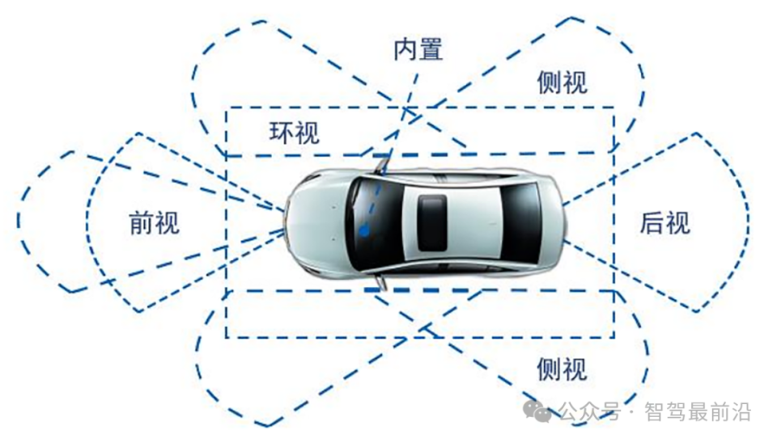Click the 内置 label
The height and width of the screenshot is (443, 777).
coord(418,50)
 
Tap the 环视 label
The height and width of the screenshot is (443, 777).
coord(294,133)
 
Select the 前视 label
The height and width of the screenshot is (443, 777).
coord(155,222)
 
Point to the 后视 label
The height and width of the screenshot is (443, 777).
coord(665,222)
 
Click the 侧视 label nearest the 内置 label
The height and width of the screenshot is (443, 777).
coord(562,82)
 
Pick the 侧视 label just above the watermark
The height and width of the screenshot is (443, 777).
coord(562,369)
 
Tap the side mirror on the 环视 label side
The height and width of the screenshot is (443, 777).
coord(380,164)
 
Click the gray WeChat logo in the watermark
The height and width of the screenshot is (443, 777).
coord(537,411)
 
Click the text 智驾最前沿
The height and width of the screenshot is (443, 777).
coord(697,412)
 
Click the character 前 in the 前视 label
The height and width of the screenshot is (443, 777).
coord(142,222)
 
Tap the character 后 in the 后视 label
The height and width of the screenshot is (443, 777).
coord(652,222)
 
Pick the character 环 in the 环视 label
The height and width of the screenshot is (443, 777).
coord(281,133)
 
